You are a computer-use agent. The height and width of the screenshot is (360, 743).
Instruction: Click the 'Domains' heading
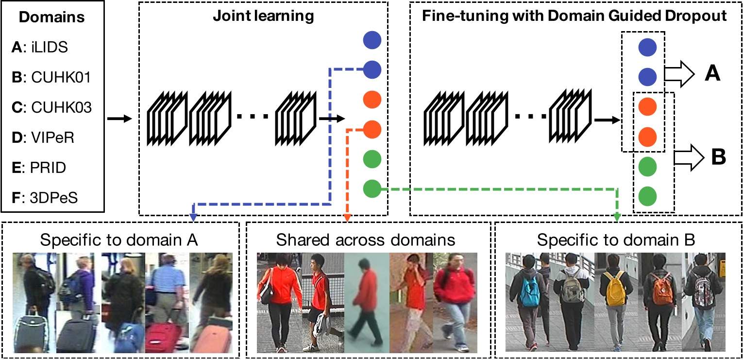coord(52,18)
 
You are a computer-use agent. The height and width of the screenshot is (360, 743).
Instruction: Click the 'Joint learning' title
coord(263,16)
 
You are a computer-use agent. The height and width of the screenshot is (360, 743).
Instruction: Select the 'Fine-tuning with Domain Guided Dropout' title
coord(574,16)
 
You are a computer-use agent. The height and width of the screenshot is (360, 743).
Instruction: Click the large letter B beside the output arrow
coord(718,157)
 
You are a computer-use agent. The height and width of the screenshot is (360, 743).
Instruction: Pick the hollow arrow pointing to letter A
coord(679,75)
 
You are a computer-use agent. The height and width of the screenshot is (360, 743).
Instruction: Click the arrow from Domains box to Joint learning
coord(119,118)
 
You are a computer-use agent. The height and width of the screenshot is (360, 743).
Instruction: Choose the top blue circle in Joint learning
coord(372,40)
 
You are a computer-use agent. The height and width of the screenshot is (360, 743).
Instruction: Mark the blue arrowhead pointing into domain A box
coord(194,218)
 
